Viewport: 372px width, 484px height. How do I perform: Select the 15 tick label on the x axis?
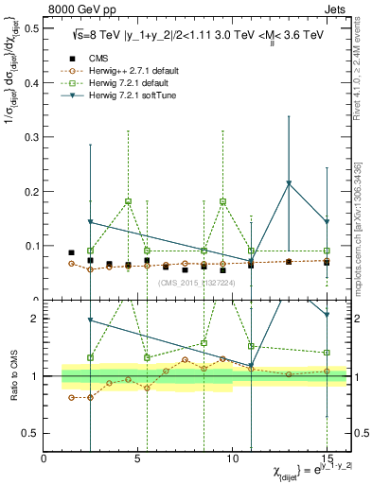[326, 459]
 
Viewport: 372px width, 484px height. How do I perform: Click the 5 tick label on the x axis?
[138, 459]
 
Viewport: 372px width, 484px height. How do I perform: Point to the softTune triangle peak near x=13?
[289, 183]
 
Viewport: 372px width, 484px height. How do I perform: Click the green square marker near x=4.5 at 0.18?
[128, 201]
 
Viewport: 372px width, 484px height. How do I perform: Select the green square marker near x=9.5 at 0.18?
[222, 201]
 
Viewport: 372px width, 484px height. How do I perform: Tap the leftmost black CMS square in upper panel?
[72, 252]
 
